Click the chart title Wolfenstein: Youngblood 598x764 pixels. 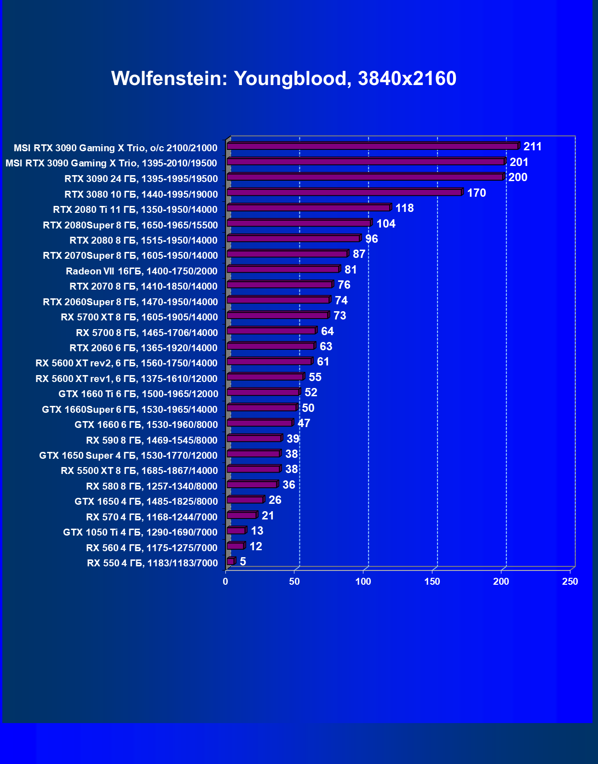click(283, 79)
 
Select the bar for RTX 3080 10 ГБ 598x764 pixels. click(344, 192)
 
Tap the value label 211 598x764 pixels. click(532, 147)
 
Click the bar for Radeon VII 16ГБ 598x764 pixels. click(283, 269)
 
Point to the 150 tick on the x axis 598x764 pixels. click(432, 582)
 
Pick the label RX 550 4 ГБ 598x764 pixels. click(152, 563)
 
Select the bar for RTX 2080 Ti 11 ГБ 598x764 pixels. click(308, 208)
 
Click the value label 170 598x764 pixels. click(476, 193)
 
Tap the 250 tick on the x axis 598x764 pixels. click(570, 582)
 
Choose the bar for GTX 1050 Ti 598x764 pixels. click(236, 531)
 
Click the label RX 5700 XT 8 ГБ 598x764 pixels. click(139, 317)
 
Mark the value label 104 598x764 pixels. click(386, 224)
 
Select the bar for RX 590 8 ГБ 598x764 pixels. click(254, 439)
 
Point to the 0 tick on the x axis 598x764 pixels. click(225, 582)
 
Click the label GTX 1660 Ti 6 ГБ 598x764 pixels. click(138, 394)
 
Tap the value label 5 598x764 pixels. click(243, 562)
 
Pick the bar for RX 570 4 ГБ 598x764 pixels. click(241, 515)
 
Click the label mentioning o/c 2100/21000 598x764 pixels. click(115, 148)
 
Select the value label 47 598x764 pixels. click(304, 423)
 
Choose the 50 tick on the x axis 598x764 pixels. click(294, 582)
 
